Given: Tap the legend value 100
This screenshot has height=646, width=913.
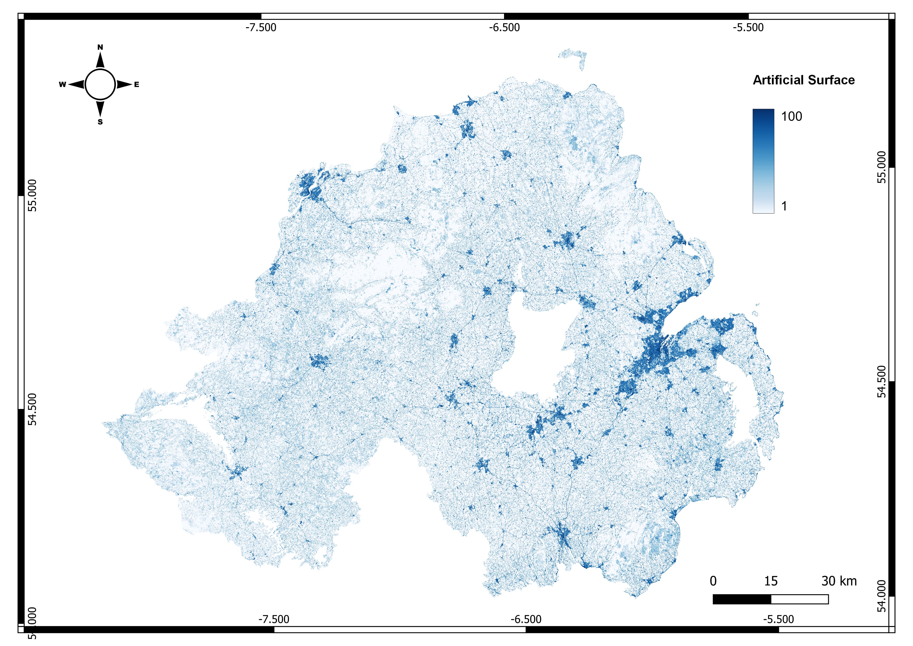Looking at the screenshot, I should pos(791,116).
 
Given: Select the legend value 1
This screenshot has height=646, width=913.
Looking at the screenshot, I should pos(784,206).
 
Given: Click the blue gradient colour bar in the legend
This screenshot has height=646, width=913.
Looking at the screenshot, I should pos(763,161).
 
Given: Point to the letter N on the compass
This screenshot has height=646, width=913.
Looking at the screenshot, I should pos(100,47).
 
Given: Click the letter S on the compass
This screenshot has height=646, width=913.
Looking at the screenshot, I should pos(100,122).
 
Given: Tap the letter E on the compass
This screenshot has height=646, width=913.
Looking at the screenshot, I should pos(136,84).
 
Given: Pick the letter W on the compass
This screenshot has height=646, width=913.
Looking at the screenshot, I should pos(62,84).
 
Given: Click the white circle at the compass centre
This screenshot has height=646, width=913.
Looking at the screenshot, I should pos(100,84).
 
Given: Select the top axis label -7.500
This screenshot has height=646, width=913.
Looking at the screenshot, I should pos(261,27).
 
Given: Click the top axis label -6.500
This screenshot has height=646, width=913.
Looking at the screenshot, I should pos(504,27).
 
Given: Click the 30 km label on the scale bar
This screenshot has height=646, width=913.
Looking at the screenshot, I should pos(839,581).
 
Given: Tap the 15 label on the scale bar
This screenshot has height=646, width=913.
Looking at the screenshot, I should pos(771,581).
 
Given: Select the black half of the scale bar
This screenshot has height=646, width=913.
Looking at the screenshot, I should pos(742,599).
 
